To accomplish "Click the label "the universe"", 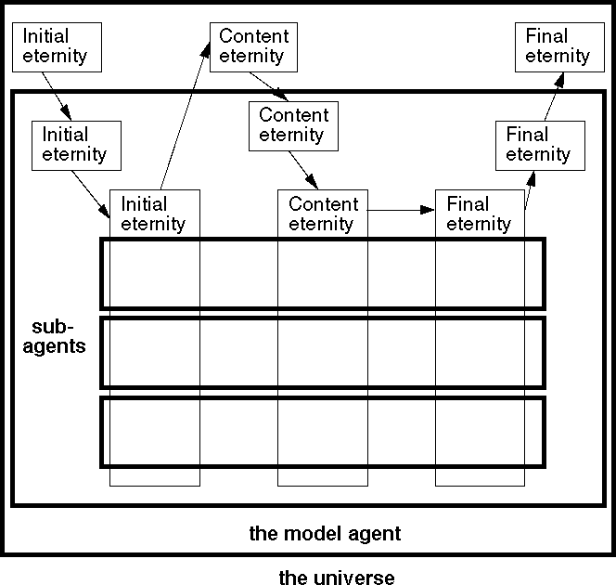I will click(x=337, y=578).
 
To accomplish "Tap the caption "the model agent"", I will click(x=325, y=534).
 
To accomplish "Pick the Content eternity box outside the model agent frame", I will click(x=254, y=45).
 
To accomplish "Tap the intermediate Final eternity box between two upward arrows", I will click(x=538, y=144).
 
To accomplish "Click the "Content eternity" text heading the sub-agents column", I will click(x=323, y=214).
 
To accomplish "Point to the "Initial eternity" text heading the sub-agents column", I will click(x=153, y=214).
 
